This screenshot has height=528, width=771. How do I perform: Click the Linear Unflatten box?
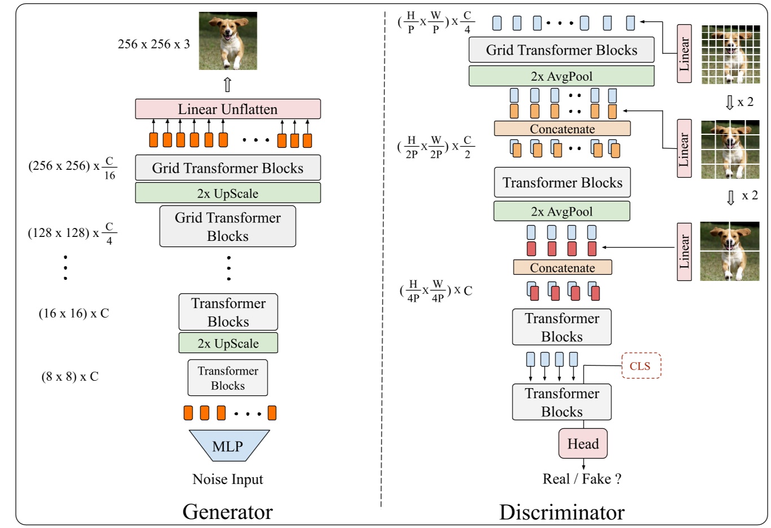[227, 109]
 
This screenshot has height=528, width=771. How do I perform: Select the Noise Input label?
[227, 479]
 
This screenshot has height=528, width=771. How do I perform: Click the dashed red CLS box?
[640, 366]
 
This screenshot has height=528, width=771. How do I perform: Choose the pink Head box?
[583, 443]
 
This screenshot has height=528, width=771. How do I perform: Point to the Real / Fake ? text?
[581, 479]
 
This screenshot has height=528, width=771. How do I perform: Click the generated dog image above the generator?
[227, 41]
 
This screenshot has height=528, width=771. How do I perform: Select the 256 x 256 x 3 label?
[154, 44]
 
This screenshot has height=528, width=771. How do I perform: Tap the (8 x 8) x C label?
[70, 377]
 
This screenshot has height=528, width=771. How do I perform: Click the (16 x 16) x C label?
[73, 314]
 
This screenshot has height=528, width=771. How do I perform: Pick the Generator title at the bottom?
[227, 512]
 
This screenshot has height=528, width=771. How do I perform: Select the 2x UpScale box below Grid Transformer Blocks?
[227, 193]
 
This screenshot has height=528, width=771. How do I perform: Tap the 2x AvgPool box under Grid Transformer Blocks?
[561, 76]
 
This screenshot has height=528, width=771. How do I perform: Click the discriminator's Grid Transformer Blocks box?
[561, 50]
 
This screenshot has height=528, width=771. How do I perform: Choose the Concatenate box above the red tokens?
[562, 267]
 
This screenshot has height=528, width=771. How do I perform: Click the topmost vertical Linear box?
[684, 54]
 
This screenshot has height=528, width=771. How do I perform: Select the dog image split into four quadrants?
[729, 251]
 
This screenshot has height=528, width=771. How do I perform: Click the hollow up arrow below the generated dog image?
[227, 85]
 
